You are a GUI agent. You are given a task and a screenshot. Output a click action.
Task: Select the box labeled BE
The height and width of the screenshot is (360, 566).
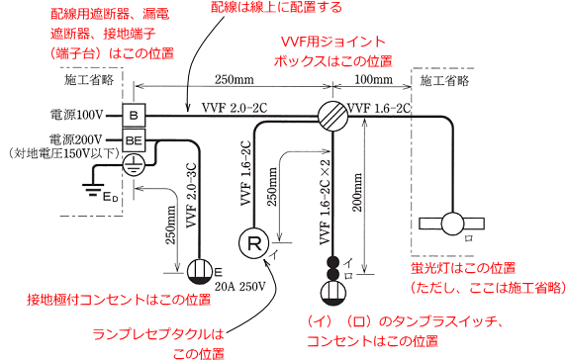[134, 140]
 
